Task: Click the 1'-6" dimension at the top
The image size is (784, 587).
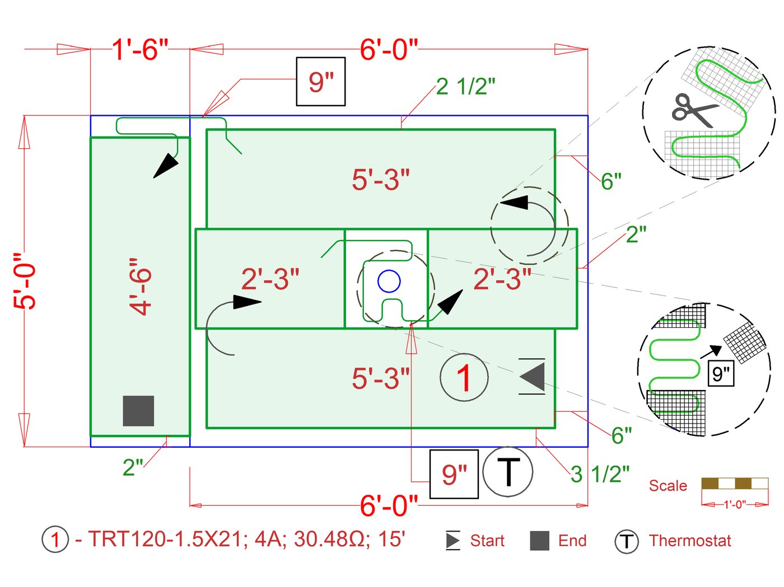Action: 140,49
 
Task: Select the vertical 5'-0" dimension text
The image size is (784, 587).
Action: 26,281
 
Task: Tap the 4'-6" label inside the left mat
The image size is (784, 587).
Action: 141,287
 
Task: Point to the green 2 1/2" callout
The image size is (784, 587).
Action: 465,87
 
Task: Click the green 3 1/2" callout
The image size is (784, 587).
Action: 600,474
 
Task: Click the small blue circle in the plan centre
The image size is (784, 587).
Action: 389,281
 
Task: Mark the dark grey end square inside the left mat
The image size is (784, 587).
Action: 138,411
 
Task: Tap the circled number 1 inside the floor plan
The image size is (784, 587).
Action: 464,378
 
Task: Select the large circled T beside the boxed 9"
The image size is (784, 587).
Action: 507,472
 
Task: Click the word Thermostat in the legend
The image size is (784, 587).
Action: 690,541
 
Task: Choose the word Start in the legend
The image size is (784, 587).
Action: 487,541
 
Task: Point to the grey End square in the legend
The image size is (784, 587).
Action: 539,541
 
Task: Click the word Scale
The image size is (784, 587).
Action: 668,486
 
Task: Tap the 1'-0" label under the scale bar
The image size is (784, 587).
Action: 735,504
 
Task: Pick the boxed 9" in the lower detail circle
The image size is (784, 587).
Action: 721,373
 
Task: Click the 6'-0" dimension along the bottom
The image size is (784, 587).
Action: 389,505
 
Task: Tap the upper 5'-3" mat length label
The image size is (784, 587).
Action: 381,180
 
